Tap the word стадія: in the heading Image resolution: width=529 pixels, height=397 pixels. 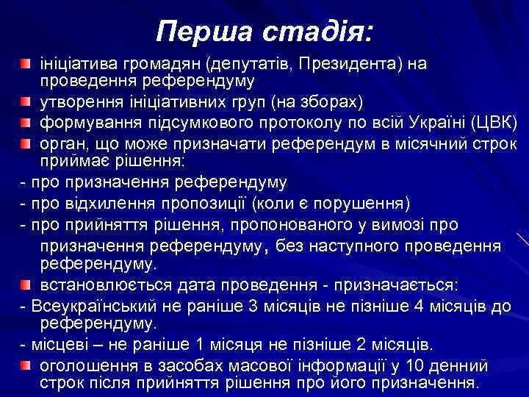coord(314,30)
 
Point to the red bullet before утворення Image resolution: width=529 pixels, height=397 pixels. coord(26,100)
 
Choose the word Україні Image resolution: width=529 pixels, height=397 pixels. coord(434,120)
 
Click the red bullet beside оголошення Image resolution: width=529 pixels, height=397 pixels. coord(26,365)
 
